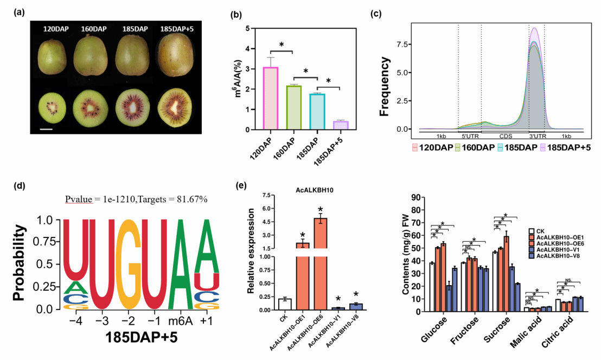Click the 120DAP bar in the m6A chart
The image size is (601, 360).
tap(271, 98)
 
